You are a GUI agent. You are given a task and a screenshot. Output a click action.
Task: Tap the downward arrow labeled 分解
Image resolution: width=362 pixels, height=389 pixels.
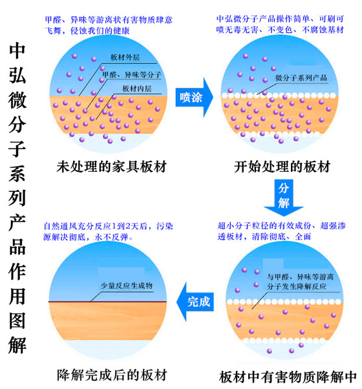click(x=283, y=197)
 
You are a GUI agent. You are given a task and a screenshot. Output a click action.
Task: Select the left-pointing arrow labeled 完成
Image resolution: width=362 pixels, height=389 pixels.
click(x=195, y=302)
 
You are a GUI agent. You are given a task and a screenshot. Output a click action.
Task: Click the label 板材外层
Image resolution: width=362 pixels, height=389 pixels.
click(x=125, y=58)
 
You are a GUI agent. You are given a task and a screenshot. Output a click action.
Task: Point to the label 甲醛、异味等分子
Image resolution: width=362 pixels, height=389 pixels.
click(x=132, y=75)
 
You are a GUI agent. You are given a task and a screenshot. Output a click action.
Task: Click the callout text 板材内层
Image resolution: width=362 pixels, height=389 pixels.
click(x=136, y=89)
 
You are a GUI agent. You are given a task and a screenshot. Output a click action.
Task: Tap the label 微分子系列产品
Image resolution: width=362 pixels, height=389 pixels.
click(x=301, y=78)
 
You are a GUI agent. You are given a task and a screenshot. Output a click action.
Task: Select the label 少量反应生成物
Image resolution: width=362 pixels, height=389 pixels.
click(x=127, y=286)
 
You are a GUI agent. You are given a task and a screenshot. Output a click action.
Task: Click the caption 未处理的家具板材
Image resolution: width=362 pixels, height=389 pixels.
click(x=111, y=167)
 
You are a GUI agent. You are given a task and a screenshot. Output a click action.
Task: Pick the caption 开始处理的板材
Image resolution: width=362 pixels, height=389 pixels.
click(x=282, y=167)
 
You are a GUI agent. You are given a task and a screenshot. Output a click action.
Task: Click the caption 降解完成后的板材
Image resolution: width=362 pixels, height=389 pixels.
click(x=112, y=375)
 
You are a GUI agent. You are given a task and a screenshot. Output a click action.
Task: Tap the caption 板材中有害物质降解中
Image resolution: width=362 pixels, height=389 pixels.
click(x=288, y=377)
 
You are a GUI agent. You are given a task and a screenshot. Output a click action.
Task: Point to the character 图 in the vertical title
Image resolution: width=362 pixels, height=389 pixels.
click(x=17, y=321)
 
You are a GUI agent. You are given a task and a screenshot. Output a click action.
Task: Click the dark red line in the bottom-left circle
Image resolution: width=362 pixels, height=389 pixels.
click(x=107, y=302)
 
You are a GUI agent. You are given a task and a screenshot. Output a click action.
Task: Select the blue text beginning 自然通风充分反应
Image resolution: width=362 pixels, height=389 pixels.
click(x=108, y=231)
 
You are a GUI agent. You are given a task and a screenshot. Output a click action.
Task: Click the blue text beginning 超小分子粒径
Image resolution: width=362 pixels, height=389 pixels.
click(x=281, y=231)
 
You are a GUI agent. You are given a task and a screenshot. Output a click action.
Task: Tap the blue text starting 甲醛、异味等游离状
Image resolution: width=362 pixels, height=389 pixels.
click(x=109, y=25)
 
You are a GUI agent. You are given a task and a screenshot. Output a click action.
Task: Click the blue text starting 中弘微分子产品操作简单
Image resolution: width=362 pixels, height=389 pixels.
click(x=280, y=24)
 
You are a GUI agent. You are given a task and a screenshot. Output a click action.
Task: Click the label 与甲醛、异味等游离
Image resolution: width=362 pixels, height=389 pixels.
click(x=300, y=282)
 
